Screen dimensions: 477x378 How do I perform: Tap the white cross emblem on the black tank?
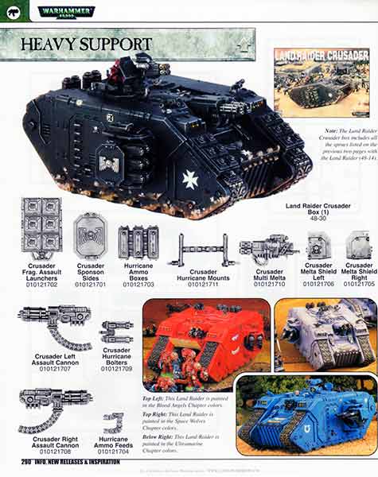coord(190,180)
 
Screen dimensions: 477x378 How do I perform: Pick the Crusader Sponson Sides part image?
coord(91,236)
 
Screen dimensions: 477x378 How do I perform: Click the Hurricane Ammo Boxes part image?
coord(138,242)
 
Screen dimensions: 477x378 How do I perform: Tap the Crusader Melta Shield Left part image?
coord(319,245)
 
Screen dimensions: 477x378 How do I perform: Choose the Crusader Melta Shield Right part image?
coord(359,245)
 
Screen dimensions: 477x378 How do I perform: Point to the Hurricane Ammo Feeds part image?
coord(115,422)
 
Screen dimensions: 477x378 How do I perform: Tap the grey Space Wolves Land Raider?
coord(325,334)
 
